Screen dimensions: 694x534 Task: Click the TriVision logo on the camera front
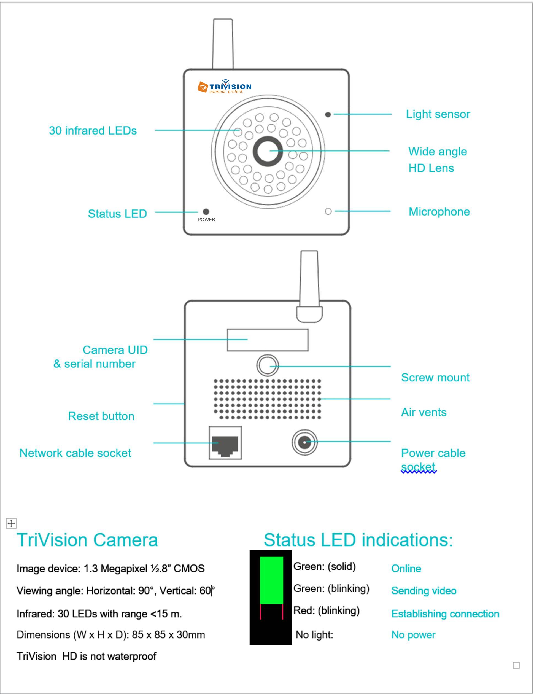224,87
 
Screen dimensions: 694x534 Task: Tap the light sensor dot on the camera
328,114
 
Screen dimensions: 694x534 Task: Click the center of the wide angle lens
268,151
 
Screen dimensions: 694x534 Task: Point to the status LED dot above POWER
206,212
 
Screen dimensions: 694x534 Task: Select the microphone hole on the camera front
328,211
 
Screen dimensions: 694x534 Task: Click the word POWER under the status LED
206,220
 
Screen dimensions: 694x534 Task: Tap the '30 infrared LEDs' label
93,131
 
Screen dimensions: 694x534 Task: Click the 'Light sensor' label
438,114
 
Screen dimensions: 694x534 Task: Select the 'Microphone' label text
439,212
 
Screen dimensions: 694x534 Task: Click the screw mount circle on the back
268,365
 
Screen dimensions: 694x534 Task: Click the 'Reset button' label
101,416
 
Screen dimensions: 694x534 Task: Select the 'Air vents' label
424,412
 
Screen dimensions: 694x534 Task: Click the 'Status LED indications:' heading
358,540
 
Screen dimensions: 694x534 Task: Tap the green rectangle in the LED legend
271,580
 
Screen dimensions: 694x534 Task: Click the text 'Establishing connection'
445,614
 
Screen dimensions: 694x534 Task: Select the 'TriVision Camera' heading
87,540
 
